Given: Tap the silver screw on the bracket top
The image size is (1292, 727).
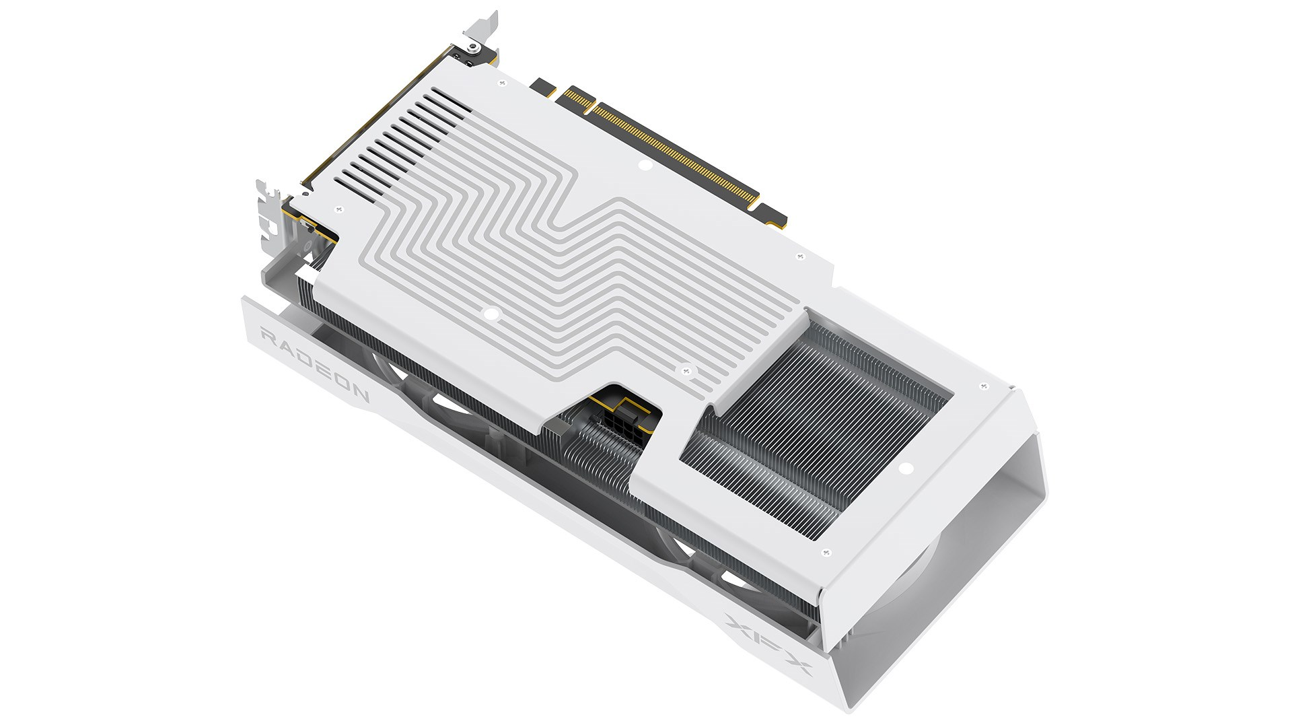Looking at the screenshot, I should tap(474, 47).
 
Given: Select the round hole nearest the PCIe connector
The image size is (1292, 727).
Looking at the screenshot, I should tap(643, 164).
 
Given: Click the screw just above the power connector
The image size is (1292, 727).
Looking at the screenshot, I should tap(686, 368).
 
